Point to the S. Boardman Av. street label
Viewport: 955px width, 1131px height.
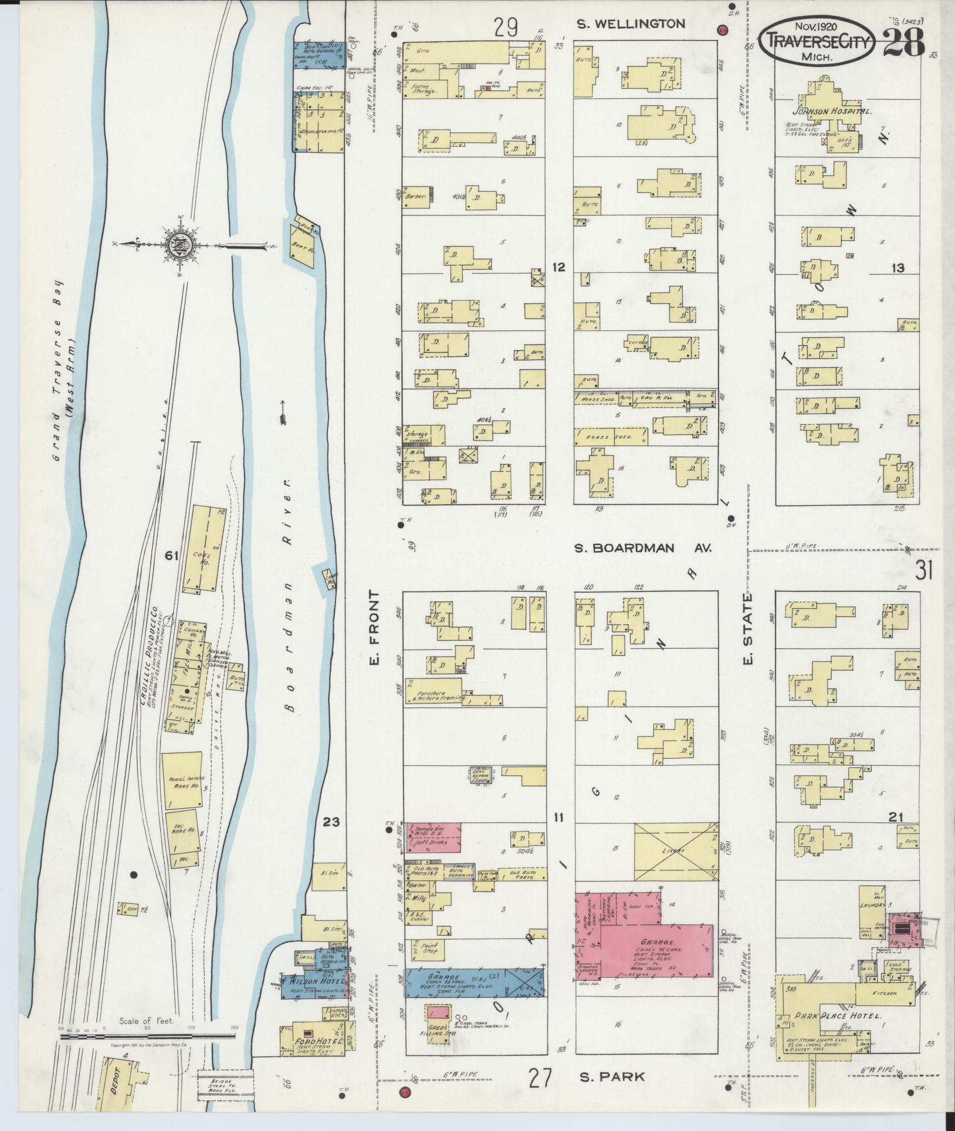click(x=642, y=548)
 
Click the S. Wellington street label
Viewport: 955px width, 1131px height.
click(x=631, y=24)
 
